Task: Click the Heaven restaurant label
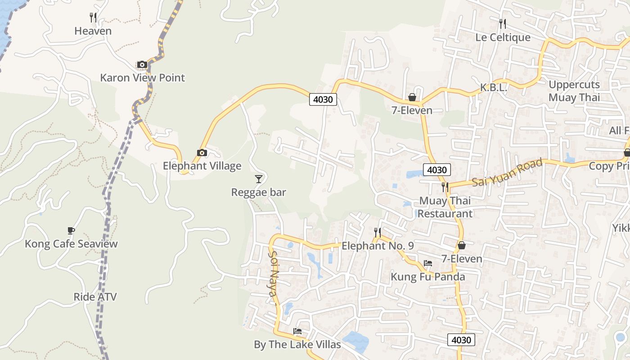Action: point(93,31)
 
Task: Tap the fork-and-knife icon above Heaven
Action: point(93,18)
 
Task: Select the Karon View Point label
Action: point(142,78)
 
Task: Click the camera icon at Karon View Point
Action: point(142,65)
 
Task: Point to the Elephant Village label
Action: point(202,166)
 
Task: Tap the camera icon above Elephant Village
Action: point(202,153)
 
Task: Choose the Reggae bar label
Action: point(258,193)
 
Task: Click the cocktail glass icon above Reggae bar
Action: point(258,179)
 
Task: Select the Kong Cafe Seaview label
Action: point(71,244)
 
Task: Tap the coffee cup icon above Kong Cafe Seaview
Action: point(71,231)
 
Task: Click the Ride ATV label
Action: point(95,297)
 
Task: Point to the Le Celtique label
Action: point(503,37)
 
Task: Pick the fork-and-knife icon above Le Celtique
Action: point(503,23)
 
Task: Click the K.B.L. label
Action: point(493,88)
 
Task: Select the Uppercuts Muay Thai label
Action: point(574,91)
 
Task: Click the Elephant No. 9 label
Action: point(378,246)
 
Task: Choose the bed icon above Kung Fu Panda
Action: point(427,263)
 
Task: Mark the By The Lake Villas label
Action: point(297,345)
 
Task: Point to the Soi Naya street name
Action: point(274,274)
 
